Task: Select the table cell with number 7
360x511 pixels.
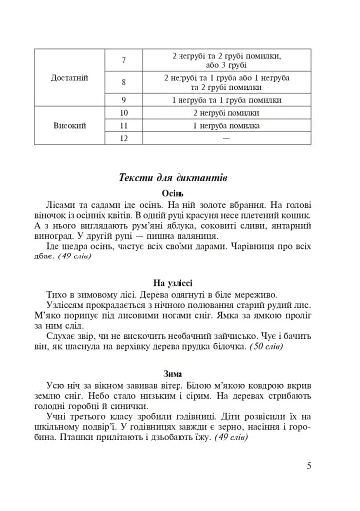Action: [124, 59]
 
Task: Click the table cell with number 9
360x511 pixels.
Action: [124, 100]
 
